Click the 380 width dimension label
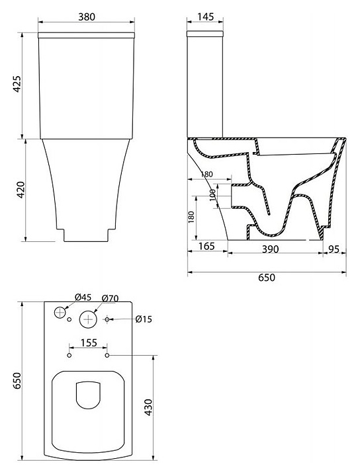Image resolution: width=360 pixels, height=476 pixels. (87, 17)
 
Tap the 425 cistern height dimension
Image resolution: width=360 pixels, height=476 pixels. (17, 84)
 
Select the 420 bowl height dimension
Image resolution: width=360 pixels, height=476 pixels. (21, 190)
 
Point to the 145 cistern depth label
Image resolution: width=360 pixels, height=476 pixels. (205, 17)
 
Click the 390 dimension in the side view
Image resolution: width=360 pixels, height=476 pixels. (270, 249)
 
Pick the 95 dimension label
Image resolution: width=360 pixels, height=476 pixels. (334, 249)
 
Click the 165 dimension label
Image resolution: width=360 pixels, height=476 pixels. (206, 246)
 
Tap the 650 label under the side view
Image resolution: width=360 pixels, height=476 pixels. (266, 277)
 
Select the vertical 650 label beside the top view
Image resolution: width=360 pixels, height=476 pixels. (17, 380)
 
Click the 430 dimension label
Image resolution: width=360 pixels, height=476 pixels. (148, 408)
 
